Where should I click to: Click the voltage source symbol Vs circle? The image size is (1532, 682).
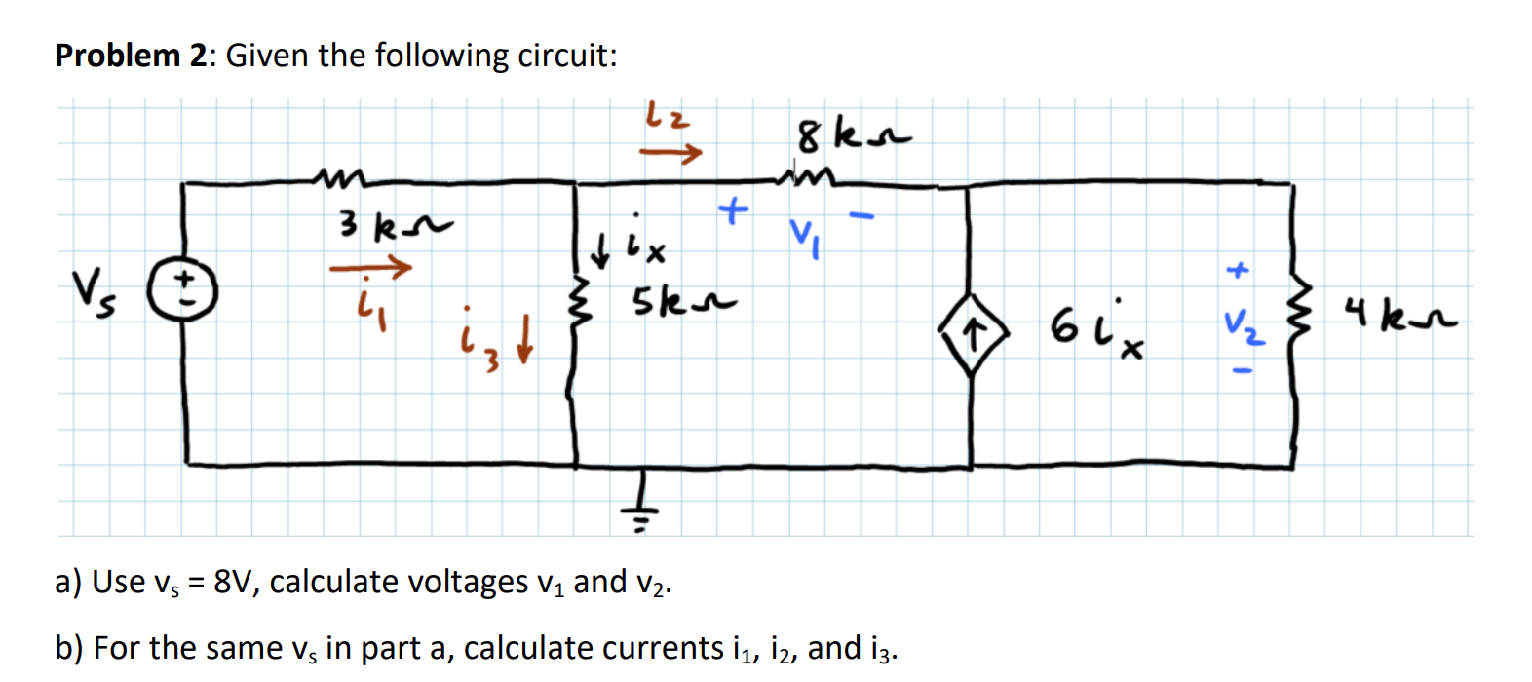[x=182, y=288]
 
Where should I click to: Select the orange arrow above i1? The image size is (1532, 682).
[x=370, y=266]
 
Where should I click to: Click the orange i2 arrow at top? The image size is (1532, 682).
[x=670, y=152]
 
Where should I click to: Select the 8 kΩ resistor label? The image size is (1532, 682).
[x=853, y=136]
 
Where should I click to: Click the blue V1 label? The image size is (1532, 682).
[x=805, y=235]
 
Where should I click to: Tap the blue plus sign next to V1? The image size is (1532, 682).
[x=733, y=208]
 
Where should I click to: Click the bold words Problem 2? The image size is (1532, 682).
[x=132, y=56]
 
